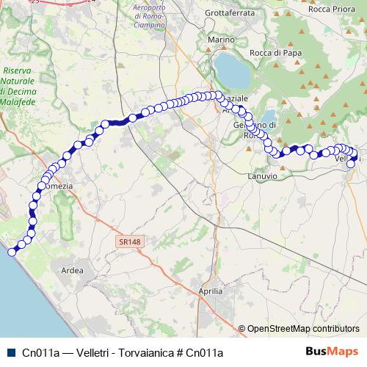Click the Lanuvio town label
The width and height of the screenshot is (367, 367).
point(264,176)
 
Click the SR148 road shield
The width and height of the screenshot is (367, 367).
point(128,241)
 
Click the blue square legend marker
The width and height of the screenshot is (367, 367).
point(10,352)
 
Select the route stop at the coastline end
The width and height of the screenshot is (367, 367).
point(12,252)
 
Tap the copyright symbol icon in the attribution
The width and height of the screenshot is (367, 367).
point(242,329)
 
